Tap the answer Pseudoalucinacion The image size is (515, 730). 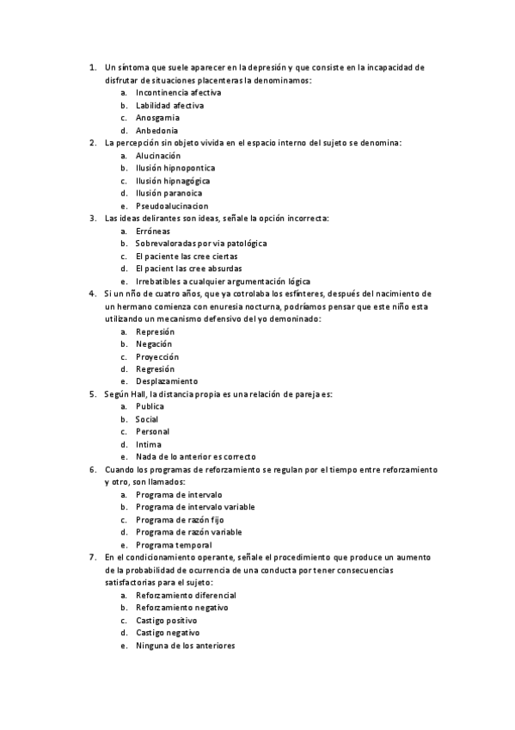tap(172, 207)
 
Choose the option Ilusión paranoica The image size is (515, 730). tap(167, 194)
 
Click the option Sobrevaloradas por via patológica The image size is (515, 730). tap(201, 244)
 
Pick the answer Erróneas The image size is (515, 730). tap(153, 231)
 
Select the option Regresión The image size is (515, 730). tap(155, 368)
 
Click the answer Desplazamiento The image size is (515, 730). tap(167, 381)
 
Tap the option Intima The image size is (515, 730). tap(147, 444)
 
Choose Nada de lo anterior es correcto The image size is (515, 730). tap(195, 457)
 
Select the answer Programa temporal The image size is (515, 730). tap(174, 545)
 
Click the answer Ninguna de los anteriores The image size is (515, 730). tap(185, 646)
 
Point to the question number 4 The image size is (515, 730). tap(92, 294)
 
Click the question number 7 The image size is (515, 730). tap(92, 557)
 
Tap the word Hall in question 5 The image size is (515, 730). tap(138, 394)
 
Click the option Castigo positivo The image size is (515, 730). tap(166, 621)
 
